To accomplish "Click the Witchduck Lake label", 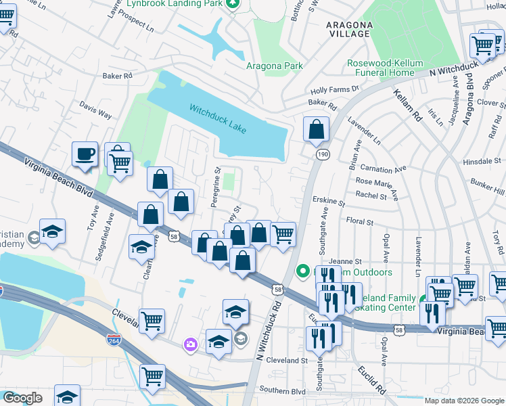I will (217, 119).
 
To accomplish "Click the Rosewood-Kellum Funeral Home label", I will (380, 68).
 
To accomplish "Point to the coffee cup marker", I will (85, 154).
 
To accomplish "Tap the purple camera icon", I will (191, 345).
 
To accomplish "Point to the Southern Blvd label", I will (283, 390).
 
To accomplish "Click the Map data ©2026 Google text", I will (463, 401).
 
